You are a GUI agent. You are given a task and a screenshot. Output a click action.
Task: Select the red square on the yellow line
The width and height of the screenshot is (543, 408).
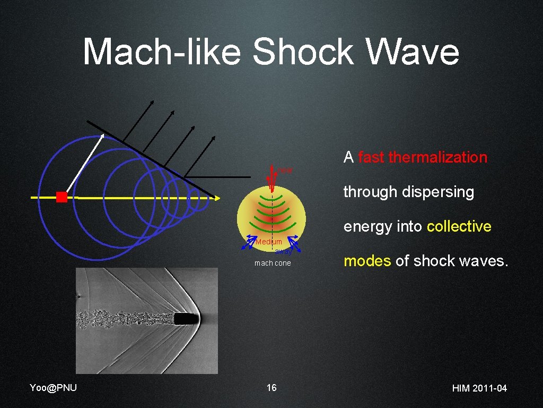tap(62, 197)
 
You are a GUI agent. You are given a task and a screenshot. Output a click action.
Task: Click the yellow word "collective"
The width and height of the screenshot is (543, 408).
tap(459, 226)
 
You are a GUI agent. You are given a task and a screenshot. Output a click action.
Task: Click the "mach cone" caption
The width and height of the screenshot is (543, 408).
tap(273, 263)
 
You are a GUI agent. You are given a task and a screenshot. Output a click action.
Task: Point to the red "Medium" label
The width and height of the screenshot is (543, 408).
tap(269, 242)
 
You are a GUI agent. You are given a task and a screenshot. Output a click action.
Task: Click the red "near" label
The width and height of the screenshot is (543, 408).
tap(285, 171)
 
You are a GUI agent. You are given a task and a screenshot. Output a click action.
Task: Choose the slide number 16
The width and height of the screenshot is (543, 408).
tap(271, 388)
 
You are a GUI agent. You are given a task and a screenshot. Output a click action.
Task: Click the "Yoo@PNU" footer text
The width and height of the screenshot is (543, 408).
tap(54, 388)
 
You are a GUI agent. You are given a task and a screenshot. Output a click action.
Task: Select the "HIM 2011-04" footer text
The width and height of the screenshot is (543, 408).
tap(479, 388)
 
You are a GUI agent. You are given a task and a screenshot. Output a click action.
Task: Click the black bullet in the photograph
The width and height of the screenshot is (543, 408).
tap(186, 319)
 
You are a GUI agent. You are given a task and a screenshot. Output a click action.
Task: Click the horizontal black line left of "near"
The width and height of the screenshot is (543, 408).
tap(218, 176)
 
